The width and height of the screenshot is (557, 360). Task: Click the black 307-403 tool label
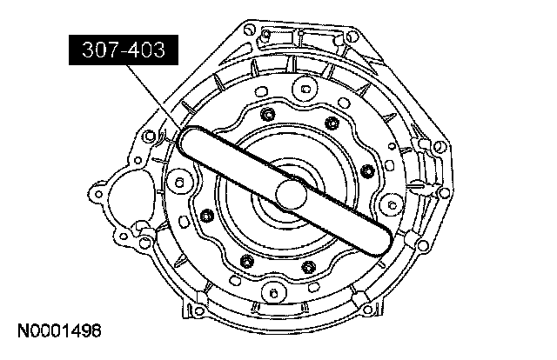click(124, 50)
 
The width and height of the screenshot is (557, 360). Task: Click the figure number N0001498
click(59, 331)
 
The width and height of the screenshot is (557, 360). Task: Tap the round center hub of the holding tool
click(291, 194)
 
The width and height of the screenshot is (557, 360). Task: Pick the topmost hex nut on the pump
click(267, 114)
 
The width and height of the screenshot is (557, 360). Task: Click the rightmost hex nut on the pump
click(367, 171)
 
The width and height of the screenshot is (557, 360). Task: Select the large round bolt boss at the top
click(305, 88)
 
